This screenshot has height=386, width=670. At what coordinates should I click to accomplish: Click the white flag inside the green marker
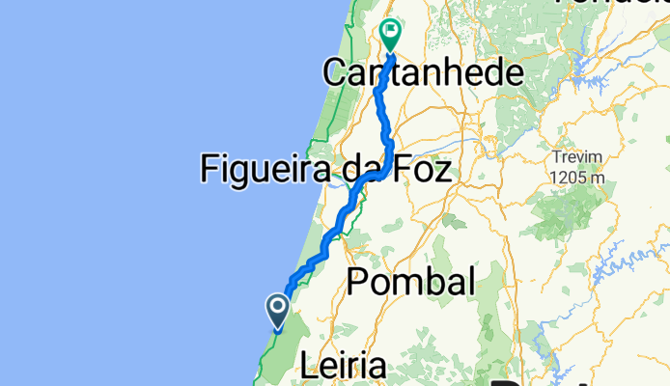pos(391,31)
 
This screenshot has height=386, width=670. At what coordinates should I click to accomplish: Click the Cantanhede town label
pos(423,72)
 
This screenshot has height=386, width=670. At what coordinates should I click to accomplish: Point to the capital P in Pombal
pos(358,282)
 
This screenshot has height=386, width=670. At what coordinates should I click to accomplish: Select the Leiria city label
pos(344,367)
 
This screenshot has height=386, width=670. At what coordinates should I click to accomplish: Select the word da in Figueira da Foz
pos(362,170)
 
